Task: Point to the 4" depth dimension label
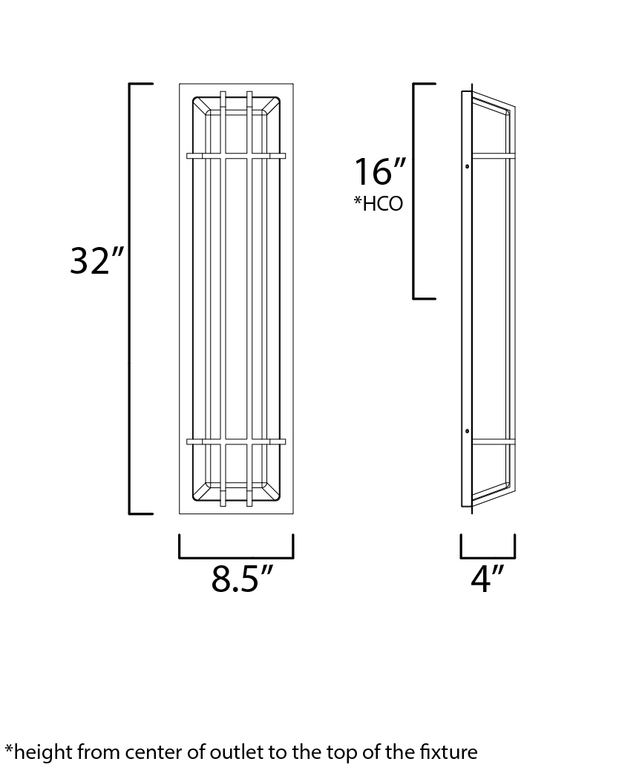pyautogui.click(x=487, y=579)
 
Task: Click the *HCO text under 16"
pyautogui.click(x=378, y=203)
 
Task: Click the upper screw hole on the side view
pyautogui.click(x=466, y=166)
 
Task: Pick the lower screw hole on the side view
pyautogui.click(x=466, y=431)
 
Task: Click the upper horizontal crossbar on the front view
pyautogui.click(x=236, y=156)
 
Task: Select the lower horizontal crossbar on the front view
pyautogui.click(x=236, y=441)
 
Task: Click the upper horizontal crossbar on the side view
pyautogui.click(x=493, y=156)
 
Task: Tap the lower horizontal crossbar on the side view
pyautogui.click(x=493, y=441)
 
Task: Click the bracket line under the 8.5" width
pyautogui.click(x=236, y=557)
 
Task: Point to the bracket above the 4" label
pyautogui.click(x=488, y=557)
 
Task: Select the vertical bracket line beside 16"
pyautogui.click(x=414, y=191)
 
